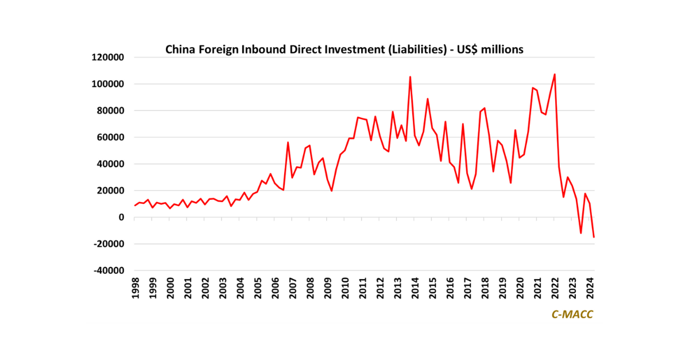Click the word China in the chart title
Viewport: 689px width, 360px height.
pyautogui.click(x=180, y=49)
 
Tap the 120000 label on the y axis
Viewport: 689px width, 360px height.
pyautogui.click(x=108, y=57)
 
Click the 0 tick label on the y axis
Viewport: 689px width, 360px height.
pyautogui.click(x=122, y=217)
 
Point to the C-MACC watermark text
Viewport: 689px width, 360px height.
pyautogui.click(x=572, y=315)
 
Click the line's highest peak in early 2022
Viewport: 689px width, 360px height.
pyautogui.click(x=555, y=74)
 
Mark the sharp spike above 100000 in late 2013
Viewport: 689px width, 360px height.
pyautogui.click(x=410, y=77)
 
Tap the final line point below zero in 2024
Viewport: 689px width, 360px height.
pyautogui.click(x=594, y=237)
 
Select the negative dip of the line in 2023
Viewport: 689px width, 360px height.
pyautogui.click(x=580, y=233)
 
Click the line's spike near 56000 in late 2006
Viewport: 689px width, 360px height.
pyautogui.click(x=288, y=142)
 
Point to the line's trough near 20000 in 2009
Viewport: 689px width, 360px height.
pyautogui.click(x=331, y=191)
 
